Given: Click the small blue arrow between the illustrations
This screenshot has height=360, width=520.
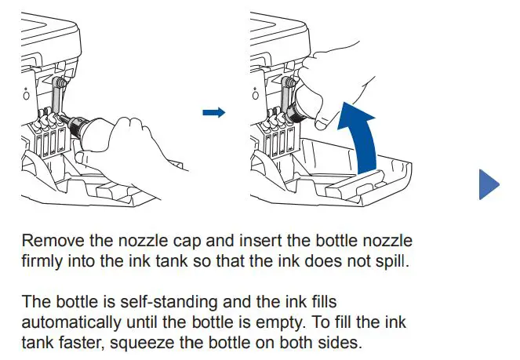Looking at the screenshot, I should pyautogui.click(x=213, y=113).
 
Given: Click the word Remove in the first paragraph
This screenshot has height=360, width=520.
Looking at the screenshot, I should pyautogui.click(x=49, y=240).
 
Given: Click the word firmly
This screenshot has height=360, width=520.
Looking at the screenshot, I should pyautogui.click(x=42, y=259).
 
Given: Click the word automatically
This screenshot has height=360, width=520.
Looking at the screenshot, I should pyautogui.click(x=73, y=321).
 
